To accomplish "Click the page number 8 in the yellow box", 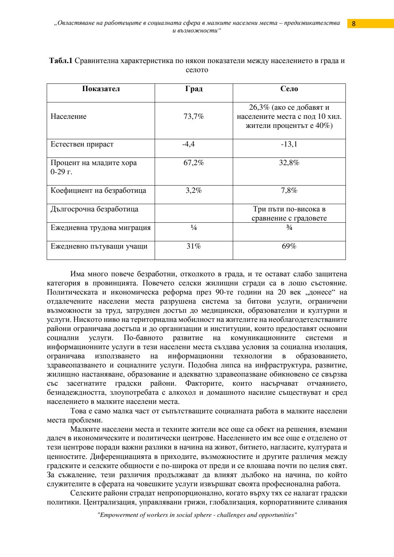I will pyautogui.click(x=354, y=24).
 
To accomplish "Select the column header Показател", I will pyautogui.click(x=101, y=89).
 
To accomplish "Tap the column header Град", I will pyautogui.click(x=194, y=89).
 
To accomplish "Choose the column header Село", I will pyautogui.click(x=289, y=89).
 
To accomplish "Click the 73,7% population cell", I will pyautogui.click(x=194, y=117).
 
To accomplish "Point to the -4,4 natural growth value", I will pyautogui.click(x=189, y=144).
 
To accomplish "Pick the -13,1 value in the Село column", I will pyautogui.click(x=289, y=144).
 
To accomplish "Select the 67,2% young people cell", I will pyautogui.click(x=194, y=163).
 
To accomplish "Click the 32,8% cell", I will pyautogui.click(x=289, y=163).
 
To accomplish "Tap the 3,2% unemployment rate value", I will pyautogui.click(x=194, y=191).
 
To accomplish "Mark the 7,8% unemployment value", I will pyautogui.click(x=289, y=191).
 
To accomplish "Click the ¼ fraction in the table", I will pyautogui.click(x=194, y=228).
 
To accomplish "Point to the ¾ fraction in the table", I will pyautogui.click(x=289, y=228).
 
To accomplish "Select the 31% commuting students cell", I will pyautogui.click(x=194, y=246).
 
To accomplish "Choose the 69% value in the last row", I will pyautogui.click(x=289, y=246).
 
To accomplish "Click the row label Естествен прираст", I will pyautogui.click(x=82, y=144).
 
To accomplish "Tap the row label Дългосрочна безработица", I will pyautogui.click(x=94, y=209).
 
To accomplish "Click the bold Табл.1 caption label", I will pyautogui.click(x=61, y=61).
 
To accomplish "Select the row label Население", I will pyautogui.click(x=69, y=117).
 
